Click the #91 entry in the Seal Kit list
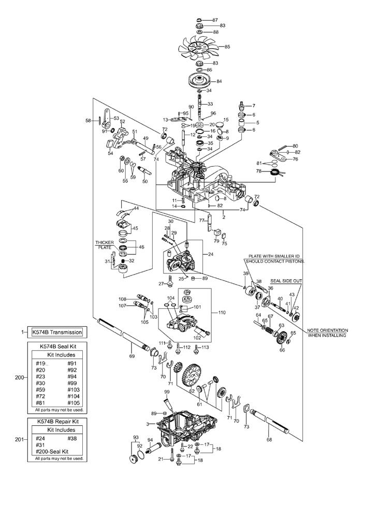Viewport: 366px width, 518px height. (72, 363)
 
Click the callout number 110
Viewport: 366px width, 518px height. (223, 313)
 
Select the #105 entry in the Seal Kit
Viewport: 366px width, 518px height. (74, 402)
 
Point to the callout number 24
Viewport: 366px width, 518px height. (210, 254)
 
